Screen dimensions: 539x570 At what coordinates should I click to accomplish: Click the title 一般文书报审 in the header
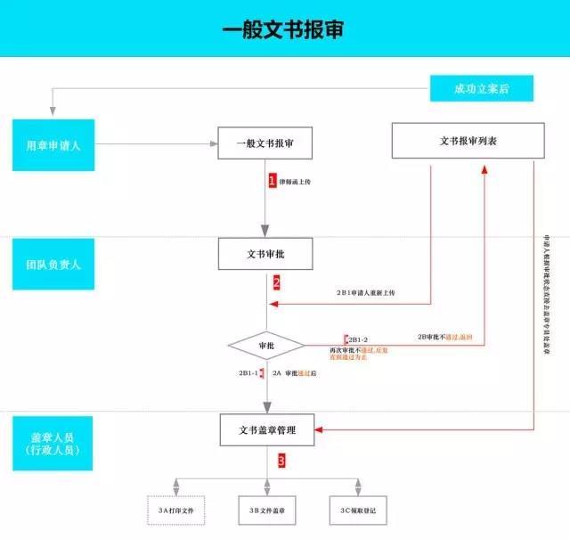coord(283,29)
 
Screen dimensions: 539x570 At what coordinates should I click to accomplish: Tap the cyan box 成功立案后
coord(481,88)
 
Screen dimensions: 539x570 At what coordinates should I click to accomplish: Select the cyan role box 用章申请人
coord(53,143)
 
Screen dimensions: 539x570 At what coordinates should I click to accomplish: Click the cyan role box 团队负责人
coord(53,264)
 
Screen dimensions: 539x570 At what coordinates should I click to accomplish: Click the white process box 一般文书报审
coord(266,143)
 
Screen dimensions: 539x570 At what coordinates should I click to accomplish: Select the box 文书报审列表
coord(468,140)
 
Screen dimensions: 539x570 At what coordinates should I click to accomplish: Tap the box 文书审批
coord(266,254)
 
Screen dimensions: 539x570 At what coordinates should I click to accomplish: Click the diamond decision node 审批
coord(265,345)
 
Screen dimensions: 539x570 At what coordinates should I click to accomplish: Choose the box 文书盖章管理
coord(266,430)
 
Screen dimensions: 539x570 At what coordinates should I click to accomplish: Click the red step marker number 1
coord(273,180)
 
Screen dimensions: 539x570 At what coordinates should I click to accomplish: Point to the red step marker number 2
coord(277,283)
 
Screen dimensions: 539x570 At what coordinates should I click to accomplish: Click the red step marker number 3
coord(281,461)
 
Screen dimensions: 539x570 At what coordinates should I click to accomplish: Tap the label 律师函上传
coord(297,181)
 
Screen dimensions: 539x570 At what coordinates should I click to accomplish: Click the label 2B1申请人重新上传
coord(365,292)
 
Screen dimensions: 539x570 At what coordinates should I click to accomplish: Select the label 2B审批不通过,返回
coord(451,337)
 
